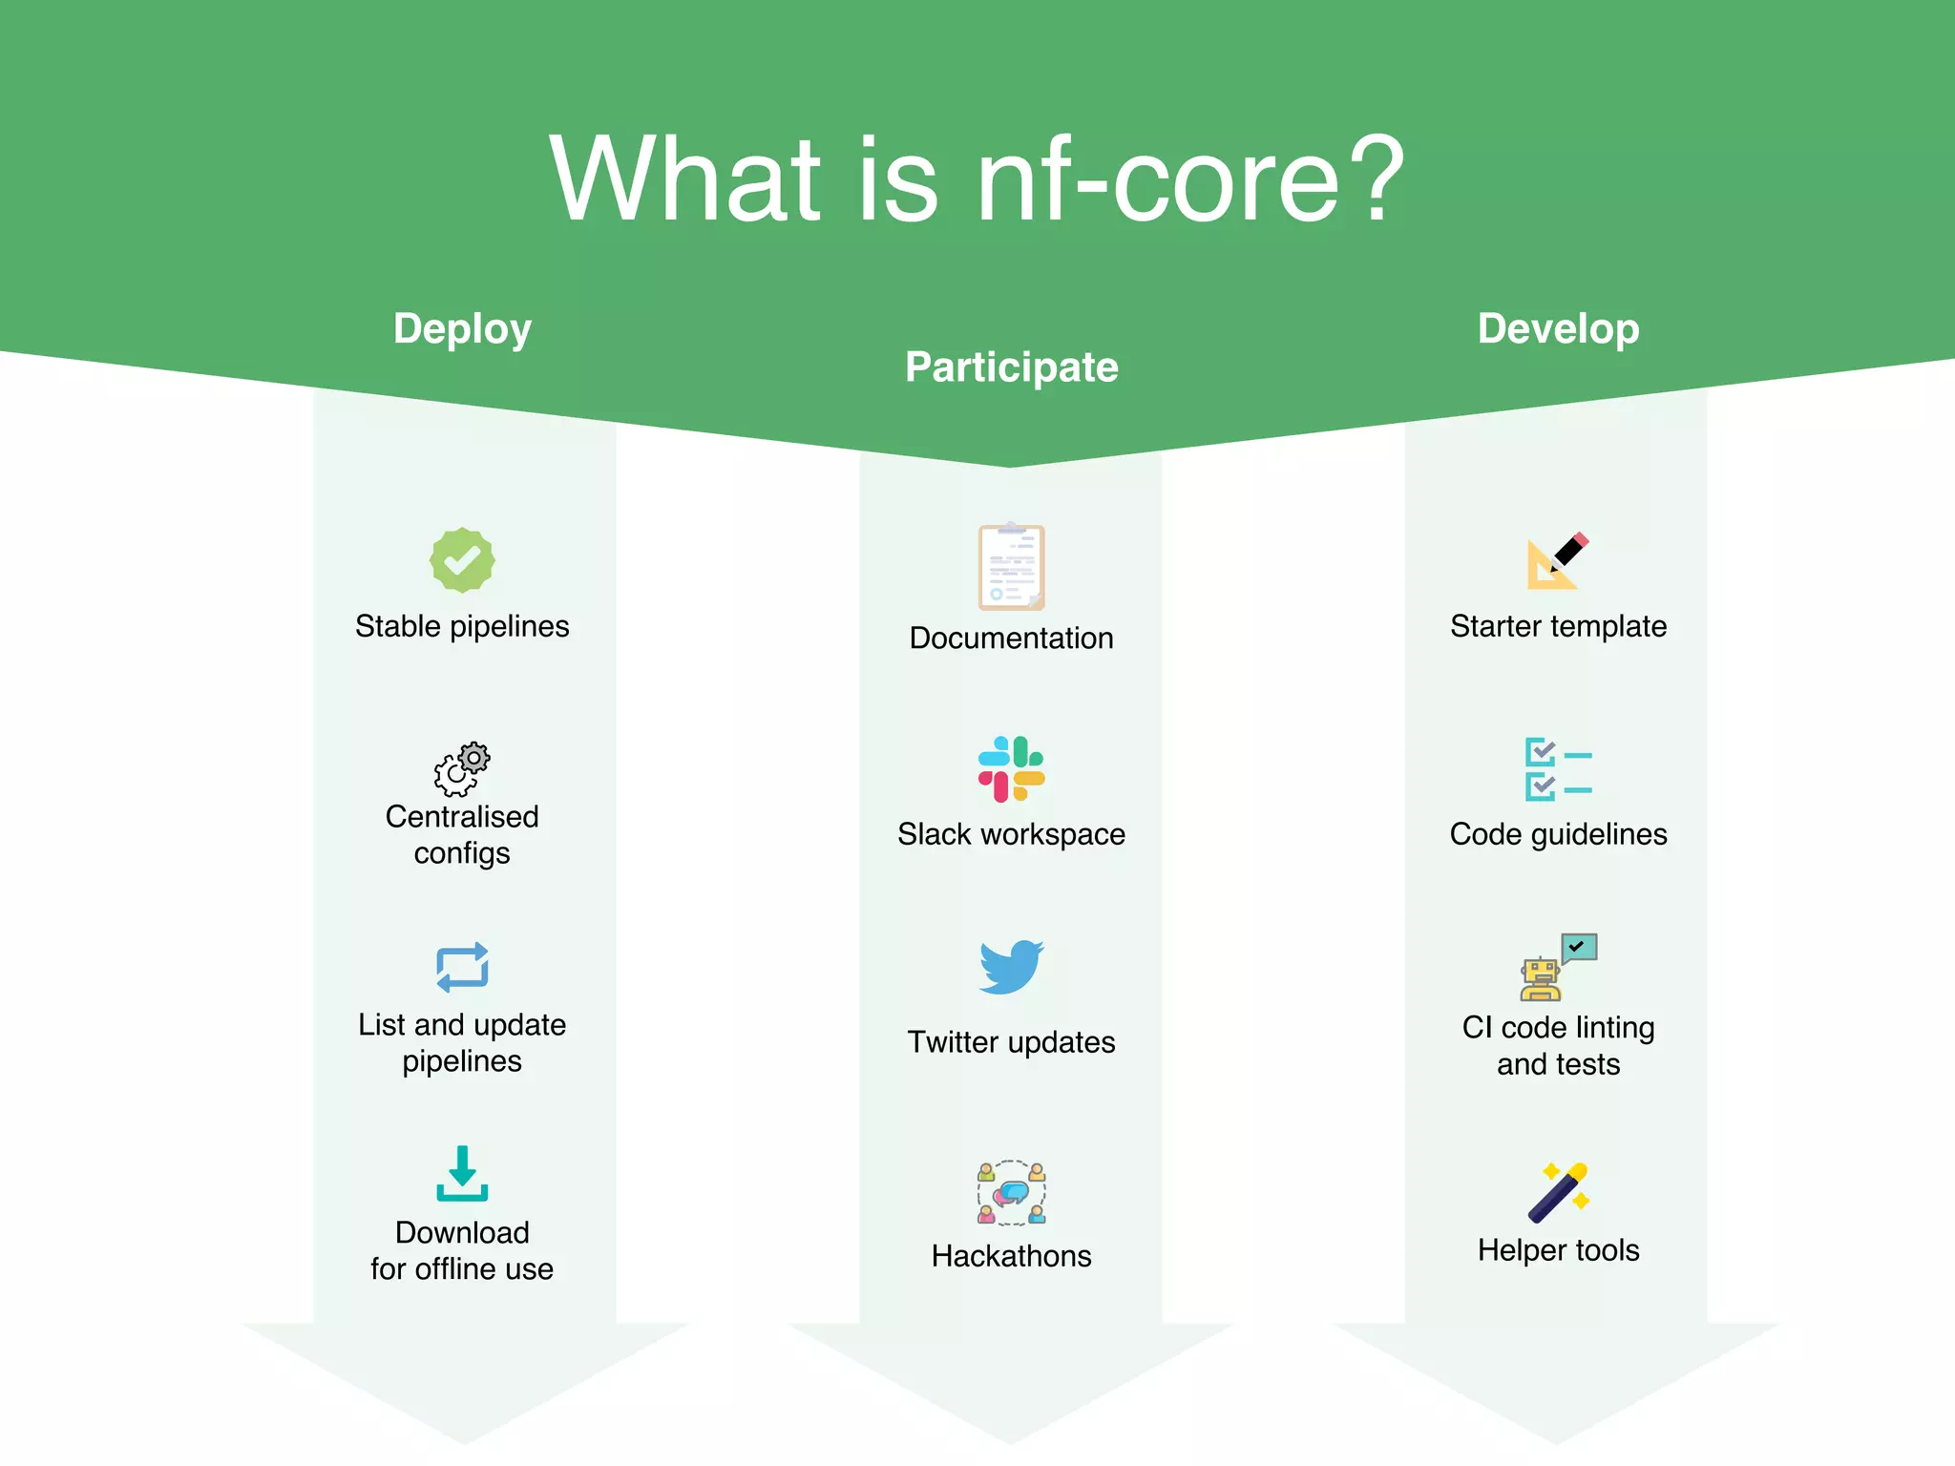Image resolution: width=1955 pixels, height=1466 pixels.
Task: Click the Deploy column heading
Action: [x=462, y=329]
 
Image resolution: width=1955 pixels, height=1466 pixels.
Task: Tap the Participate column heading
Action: [x=1011, y=367]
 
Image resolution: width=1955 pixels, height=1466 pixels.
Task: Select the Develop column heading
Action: [x=1558, y=329]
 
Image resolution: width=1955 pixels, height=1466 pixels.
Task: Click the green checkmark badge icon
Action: [x=462, y=560]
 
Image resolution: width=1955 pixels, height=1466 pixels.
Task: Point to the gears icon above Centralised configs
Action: [x=462, y=768]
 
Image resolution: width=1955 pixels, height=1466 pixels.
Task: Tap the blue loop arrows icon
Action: [x=462, y=968]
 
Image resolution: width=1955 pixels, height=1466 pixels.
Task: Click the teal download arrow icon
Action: [x=462, y=1173]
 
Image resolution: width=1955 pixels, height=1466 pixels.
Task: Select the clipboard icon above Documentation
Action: [x=1011, y=567]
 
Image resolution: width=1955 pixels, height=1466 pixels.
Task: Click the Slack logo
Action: [x=1011, y=769]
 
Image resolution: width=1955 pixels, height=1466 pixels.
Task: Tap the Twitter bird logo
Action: [x=1011, y=967]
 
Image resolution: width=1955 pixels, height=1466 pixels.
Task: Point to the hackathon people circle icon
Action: [x=1011, y=1192]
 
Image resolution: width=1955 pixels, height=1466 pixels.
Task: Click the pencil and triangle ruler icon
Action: [x=1556, y=560]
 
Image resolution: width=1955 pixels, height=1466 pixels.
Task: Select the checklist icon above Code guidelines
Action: [x=1558, y=769]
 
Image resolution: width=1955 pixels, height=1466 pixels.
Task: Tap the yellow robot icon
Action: [x=1541, y=979]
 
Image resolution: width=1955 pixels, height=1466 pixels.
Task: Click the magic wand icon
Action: [x=1558, y=1192]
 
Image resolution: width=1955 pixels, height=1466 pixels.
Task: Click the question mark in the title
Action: [x=1372, y=178]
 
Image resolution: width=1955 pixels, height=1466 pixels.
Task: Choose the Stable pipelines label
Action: [x=462, y=626]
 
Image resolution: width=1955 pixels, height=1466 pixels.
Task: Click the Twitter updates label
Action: [x=1011, y=1042]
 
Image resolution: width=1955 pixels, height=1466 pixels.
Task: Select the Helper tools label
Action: [x=1558, y=1250]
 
